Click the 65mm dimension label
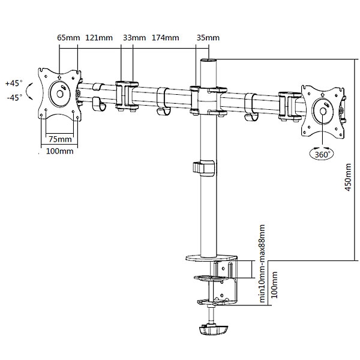click(68, 38)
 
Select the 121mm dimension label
click(99, 38)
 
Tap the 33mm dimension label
click(134, 38)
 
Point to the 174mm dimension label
click(166, 38)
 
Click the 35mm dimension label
click(207, 38)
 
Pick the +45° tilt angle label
click(14, 83)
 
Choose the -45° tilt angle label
click(14, 96)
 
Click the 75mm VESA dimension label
click(60, 139)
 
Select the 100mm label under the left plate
click(59, 151)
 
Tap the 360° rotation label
click(323, 154)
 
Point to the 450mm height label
click(349, 178)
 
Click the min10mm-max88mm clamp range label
click(262, 264)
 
